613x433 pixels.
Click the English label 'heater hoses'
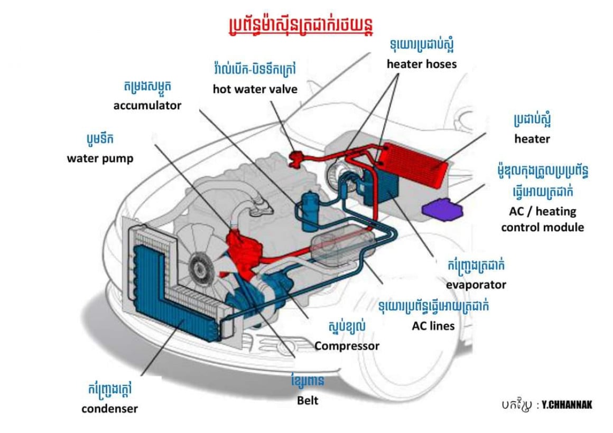click(x=422, y=64)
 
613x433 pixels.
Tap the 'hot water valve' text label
click(x=255, y=89)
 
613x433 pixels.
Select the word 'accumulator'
click(x=147, y=106)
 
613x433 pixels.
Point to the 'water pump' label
click(x=100, y=158)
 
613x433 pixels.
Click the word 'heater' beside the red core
click(x=532, y=139)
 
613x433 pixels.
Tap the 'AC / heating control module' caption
click(x=542, y=219)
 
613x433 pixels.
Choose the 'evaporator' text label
click(x=476, y=285)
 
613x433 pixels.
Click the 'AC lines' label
click(x=433, y=326)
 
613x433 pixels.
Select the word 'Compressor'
click(x=347, y=346)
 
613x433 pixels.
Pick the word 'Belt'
click(x=308, y=400)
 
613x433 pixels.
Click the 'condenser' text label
click(x=109, y=408)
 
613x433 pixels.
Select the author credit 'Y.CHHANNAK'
click(x=566, y=405)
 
